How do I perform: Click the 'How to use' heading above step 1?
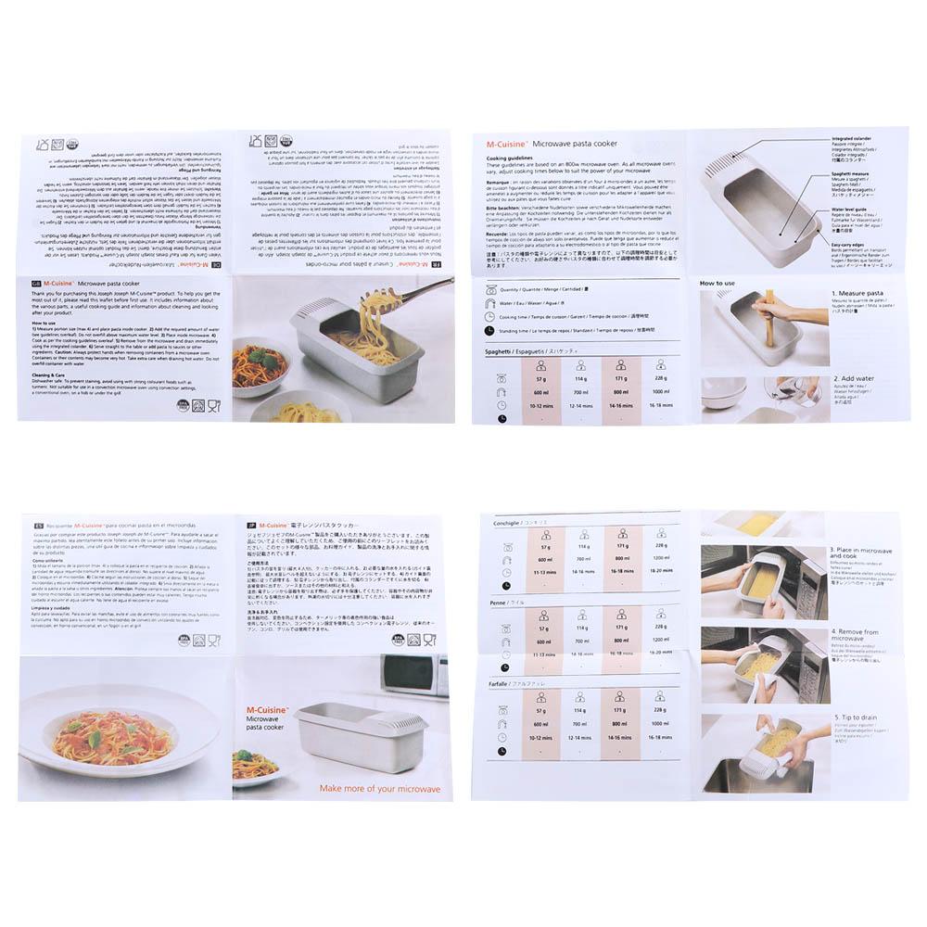pyautogui.click(x=717, y=283)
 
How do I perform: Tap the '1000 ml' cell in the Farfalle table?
pyautogui.click(x=659, y=722)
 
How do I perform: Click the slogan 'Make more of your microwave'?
pyautogui.click(x=380, y=789)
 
